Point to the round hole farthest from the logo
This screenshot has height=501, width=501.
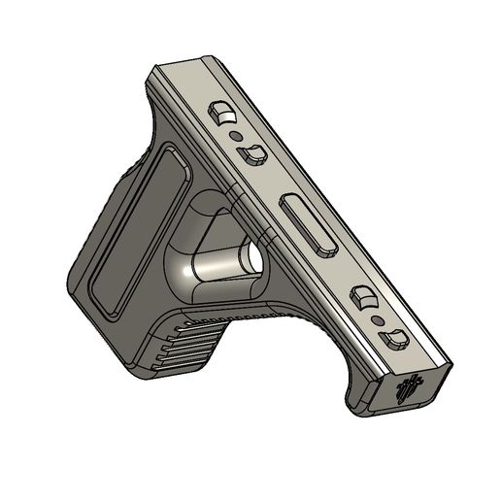(x=238, y=137)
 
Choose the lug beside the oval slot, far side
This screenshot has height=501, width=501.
(x=255, y=153)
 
